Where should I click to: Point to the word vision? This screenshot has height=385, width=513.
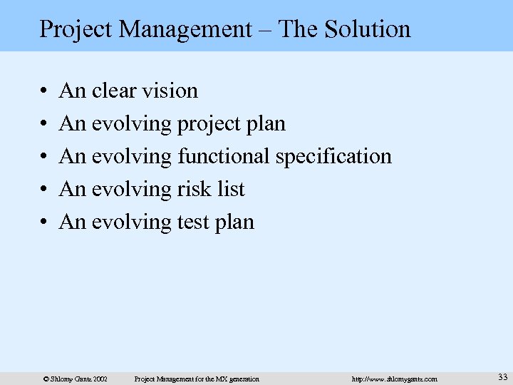click(171, 91)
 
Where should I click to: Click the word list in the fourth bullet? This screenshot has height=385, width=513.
click(232, 189)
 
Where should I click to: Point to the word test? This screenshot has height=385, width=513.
click(193, 222)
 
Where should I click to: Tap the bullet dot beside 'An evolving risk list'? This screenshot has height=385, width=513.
click(44, 190)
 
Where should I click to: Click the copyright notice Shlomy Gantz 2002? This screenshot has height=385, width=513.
click(76, 379)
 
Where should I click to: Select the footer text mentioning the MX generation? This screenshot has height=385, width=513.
click(197, 379)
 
